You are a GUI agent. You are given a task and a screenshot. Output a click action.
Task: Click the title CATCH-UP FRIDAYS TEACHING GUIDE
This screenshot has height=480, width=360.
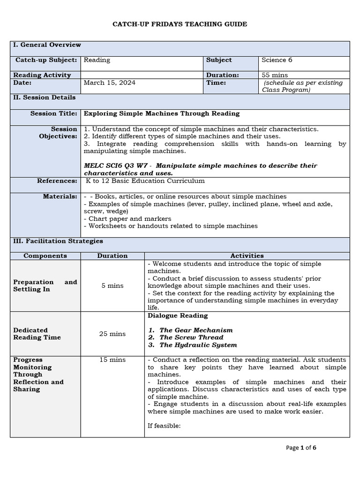tap(180, 24)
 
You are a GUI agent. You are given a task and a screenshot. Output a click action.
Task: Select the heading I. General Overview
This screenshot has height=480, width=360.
tap(47, 45)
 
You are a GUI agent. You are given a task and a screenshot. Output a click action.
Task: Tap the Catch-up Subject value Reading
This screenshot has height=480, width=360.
tap(97, 60)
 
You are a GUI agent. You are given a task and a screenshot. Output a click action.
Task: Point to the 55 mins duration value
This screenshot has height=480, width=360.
tap(276, 75)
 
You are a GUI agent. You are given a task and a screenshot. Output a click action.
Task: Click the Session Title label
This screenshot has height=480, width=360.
tap(53, 113)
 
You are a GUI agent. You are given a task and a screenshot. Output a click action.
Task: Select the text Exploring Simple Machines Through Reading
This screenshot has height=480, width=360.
tap(161, 113)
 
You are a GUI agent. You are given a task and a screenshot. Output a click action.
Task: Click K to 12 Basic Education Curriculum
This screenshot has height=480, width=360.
tap(145, 181)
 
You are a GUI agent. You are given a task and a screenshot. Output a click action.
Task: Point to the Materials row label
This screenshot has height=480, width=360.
tap(60, 196)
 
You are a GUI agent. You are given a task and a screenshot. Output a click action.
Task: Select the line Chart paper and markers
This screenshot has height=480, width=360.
tap(127, 218)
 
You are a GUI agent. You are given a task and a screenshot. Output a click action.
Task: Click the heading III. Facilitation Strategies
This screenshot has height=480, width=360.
tap(58, 241)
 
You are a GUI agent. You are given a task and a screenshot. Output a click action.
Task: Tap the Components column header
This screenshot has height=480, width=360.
tap(45, 255)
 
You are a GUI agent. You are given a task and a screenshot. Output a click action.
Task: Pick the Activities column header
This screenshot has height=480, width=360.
tap(247, 255)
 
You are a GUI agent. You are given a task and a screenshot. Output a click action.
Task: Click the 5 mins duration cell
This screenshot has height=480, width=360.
tap(112, 285)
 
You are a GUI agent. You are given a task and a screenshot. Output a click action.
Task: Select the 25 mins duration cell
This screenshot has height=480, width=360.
tap(112, 334)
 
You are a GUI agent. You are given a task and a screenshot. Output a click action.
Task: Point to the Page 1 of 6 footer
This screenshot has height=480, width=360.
tap(301, 448)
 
